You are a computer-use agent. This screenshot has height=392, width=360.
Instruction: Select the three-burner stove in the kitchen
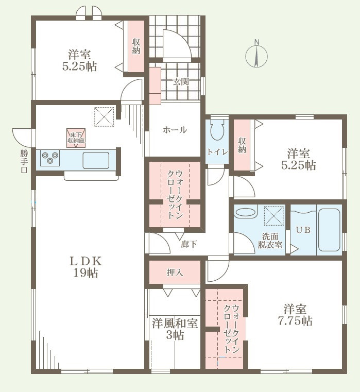(50, 158)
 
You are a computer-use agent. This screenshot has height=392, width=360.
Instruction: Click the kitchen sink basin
(96, 160)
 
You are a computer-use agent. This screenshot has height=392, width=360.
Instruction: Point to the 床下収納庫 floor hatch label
(76, 138)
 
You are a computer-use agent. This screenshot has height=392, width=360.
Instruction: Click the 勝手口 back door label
(24, 161)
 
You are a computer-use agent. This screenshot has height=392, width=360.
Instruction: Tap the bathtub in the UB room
(329, 230)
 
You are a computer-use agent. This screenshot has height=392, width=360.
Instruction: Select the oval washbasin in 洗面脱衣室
(246, 213)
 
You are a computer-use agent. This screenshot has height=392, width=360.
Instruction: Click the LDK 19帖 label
(85, 267)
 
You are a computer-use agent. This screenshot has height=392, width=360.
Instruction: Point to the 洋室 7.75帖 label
(295, 315)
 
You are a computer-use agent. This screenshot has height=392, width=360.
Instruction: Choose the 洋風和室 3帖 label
(175, 329)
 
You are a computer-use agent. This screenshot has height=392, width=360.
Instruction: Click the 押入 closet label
(175, 272)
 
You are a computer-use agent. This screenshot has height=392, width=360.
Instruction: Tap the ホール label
(175, 130)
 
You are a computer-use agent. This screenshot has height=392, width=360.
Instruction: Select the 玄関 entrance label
(181, 82)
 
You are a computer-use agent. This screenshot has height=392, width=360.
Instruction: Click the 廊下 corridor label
(188, 244)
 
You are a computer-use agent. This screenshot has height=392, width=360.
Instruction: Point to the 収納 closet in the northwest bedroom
(136, 46)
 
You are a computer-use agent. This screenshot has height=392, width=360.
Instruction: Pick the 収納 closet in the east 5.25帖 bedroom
(242, 145)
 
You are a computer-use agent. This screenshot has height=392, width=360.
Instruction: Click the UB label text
(303, 230)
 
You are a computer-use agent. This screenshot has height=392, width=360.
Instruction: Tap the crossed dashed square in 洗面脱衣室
(274, 215)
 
